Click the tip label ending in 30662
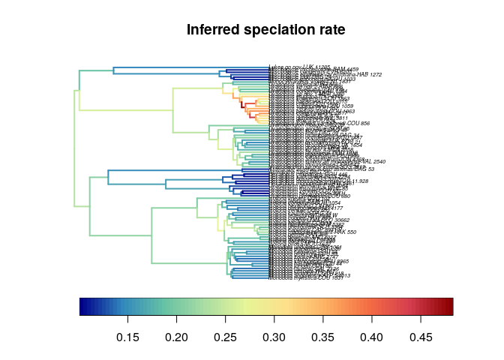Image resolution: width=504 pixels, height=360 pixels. coord(330,219)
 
